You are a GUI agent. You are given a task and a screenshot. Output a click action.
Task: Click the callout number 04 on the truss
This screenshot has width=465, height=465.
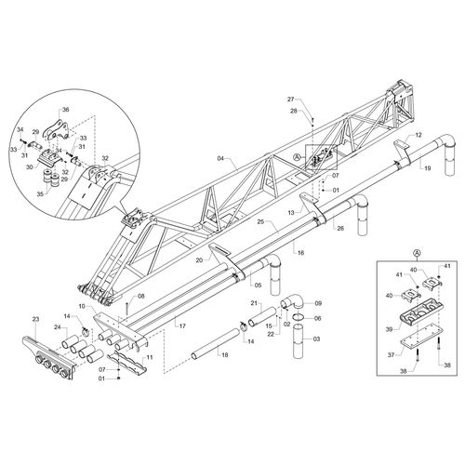pos(221,160)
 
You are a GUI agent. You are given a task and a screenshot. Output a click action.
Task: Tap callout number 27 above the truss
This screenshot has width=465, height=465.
pos(289,100)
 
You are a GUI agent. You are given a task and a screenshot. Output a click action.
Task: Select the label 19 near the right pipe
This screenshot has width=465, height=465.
pos(427,169)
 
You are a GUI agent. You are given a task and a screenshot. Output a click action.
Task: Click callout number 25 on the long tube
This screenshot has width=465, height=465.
pos(262,222)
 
